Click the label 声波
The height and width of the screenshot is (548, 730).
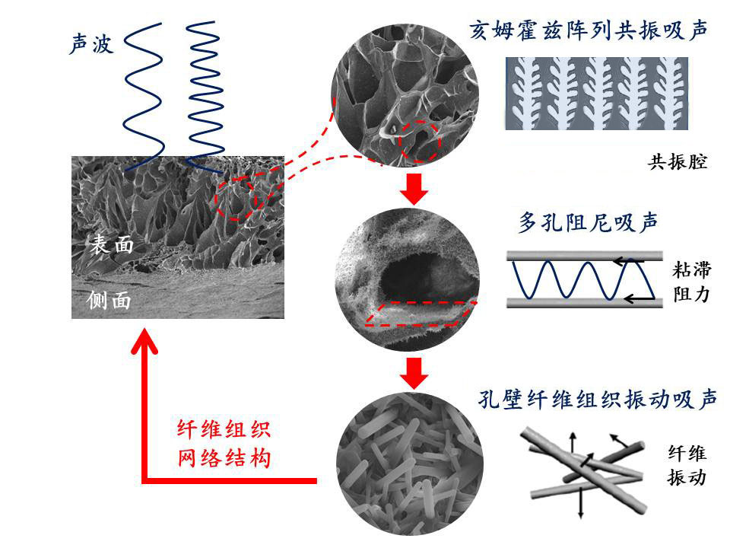[91, 45]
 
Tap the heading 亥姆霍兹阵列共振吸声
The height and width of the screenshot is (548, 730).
[589, 30]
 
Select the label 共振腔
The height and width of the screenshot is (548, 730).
[678, 162]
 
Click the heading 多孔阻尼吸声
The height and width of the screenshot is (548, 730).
[588, 222]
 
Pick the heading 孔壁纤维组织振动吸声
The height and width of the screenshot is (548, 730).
[598, 399]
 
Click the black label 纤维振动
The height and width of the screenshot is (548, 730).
[687, 466]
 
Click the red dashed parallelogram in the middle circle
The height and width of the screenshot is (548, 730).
[420, 313]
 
